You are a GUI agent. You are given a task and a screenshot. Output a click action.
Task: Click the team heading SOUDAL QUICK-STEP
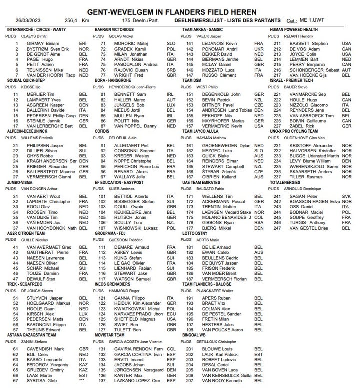(x=27, y=80)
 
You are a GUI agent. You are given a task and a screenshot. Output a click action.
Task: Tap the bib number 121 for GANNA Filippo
(x=104, y=298)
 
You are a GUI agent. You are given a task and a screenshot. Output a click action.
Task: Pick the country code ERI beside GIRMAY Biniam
(x=83, y=44)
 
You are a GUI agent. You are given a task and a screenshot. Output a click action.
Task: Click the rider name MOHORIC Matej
(x=128, y=44)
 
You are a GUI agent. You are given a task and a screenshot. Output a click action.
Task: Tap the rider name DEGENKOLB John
(x=215, y=95)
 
